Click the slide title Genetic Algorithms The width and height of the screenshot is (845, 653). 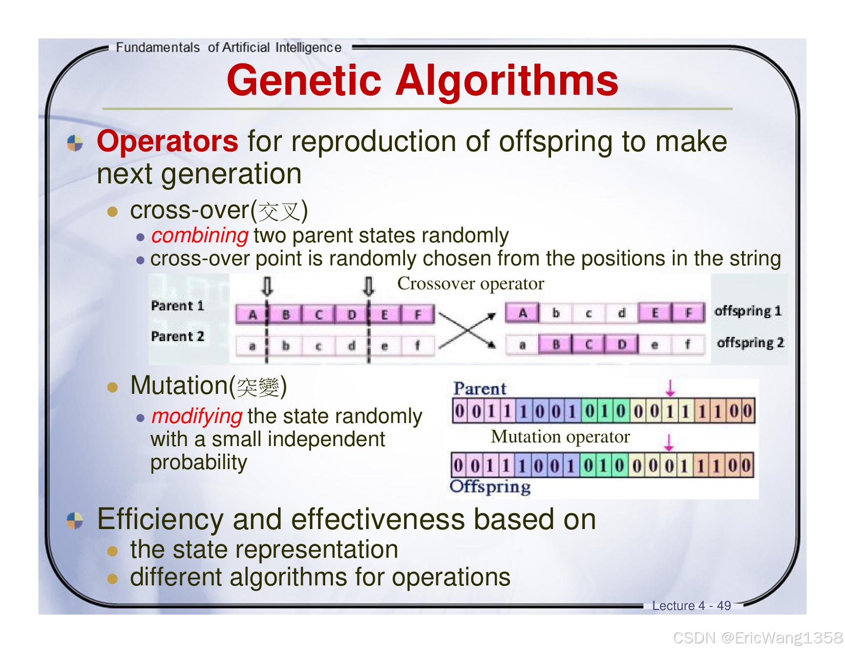[x=422, y=80]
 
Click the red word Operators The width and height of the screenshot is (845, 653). [x=167, y=141]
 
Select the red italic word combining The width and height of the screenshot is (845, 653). [x=200, y=236]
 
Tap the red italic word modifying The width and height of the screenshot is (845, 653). [x=197, y=416]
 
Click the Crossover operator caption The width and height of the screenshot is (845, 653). [x=470, y=283]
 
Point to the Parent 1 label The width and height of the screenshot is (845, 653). [x=177, y=306]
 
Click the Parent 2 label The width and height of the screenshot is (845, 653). [x=177, y=336]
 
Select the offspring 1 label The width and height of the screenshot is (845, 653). [x=748, y=311]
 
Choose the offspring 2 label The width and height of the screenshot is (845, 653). [x=750, y=343]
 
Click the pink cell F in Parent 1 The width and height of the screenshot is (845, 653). [x=417, y=314]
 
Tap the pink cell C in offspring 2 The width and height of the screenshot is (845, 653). [x=588, y=345]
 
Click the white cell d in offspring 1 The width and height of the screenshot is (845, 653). [x=621, y=313]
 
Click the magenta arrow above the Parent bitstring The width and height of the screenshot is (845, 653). [x=670, y=388]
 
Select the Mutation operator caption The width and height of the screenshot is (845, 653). [x=560, y=437]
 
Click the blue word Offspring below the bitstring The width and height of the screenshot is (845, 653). [x=490, y=487]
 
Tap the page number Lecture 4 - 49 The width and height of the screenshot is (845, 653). [x=691, y=606]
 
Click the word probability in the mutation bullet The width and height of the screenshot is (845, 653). [x=199, y=462]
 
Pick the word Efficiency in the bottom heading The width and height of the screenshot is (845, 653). [x=160, y=519]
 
